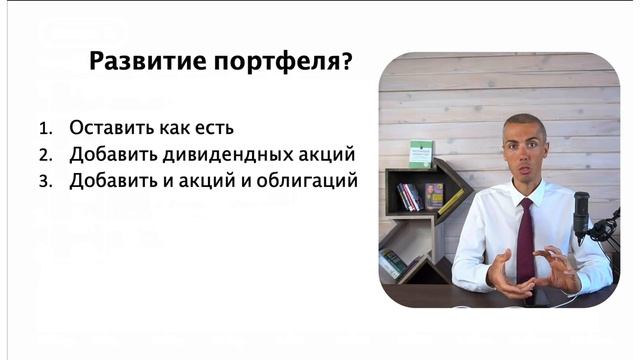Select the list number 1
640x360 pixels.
point(44,129)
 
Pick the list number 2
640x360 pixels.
point(44,156)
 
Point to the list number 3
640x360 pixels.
point(44,182)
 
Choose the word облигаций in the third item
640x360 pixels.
point(305,182)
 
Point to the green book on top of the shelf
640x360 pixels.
point(421,153)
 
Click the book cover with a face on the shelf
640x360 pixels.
point(434,195)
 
